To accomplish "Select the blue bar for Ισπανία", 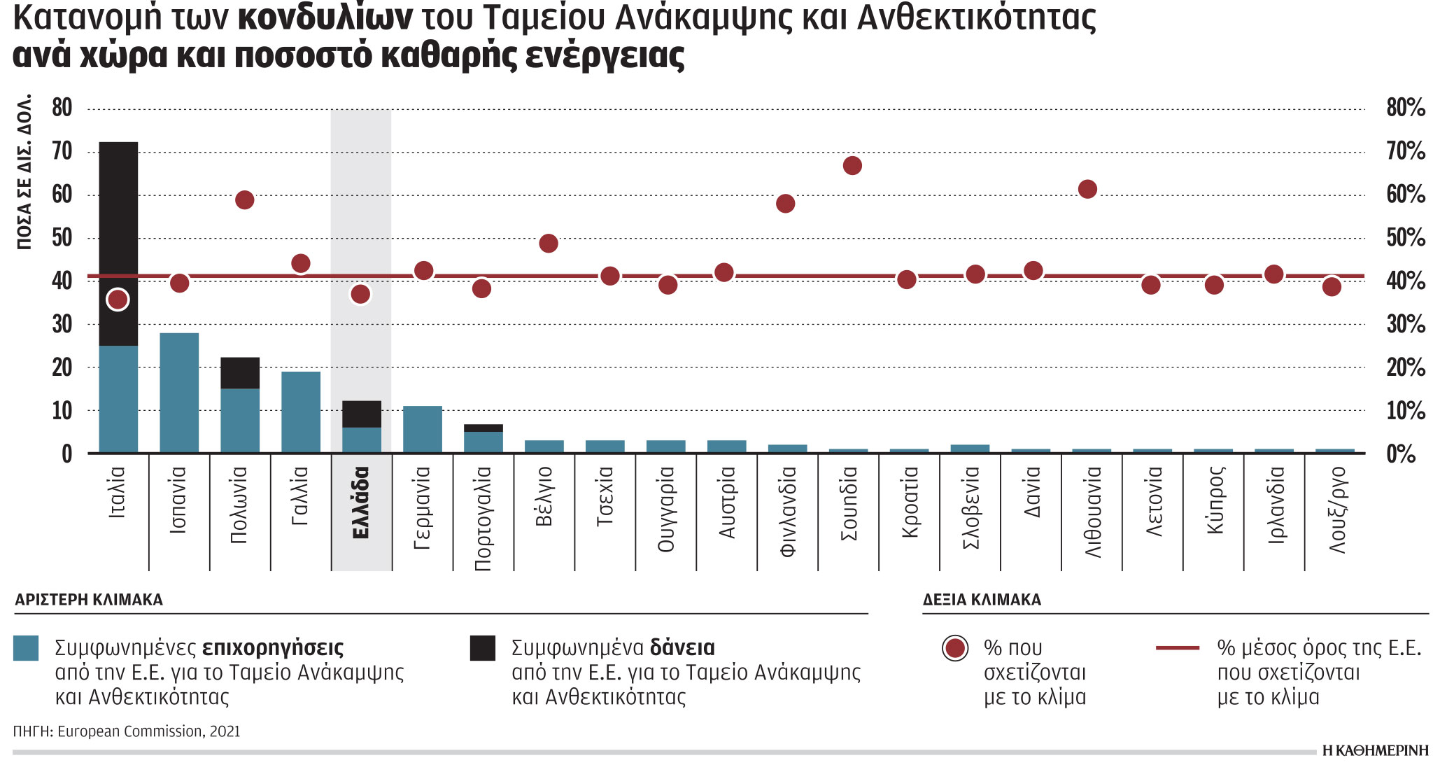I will pos(179,392).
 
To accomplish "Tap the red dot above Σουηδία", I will pos(852,166).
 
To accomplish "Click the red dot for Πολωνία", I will pos(244,200).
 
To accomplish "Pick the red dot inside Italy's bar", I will pos(118,300).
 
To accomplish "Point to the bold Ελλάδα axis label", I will pos(361,503).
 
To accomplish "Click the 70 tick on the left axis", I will pos(62,151).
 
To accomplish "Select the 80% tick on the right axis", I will pos(1405,108).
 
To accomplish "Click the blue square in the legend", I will pos(26,648).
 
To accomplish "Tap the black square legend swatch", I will pos(482,648).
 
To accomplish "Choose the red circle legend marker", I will pos(955,648).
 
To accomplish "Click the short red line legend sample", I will pos(1178,648).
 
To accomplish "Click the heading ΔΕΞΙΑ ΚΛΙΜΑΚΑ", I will pos(982,600).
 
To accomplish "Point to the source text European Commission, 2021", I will pos(148,731).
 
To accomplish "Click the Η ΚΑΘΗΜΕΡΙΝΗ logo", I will pos(1375,750).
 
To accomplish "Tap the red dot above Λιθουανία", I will pos(1087,189).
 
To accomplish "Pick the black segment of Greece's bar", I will pos(361,414).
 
